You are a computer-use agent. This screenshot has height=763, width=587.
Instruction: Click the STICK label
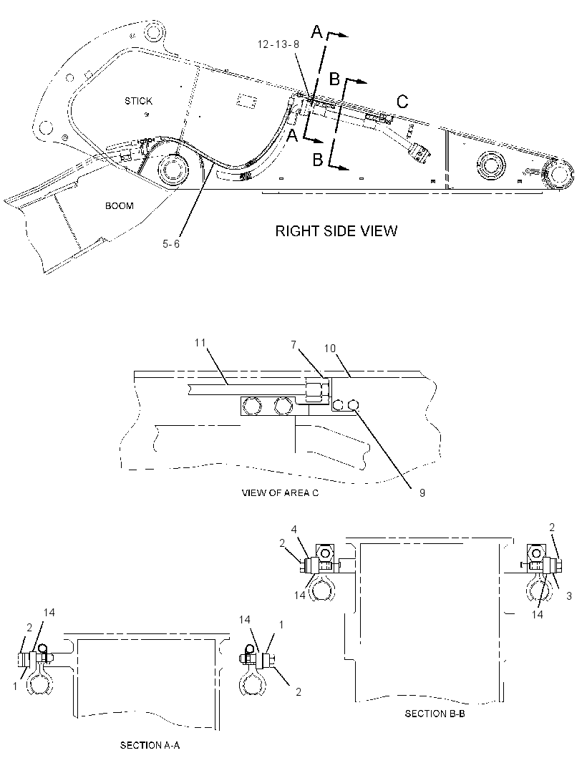pyautogui.click(x=138, y=101)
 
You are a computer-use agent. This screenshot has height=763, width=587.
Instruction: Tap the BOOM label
pyautogui.click(x=120, y=206)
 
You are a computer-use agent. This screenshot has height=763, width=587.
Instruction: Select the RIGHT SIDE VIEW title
pyautogui.click(x=336, y=230)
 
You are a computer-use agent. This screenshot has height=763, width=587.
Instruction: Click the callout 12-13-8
pyautogui.click(x=278, y=44)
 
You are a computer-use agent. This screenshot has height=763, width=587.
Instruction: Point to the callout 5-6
pyautogui.click(x=171, y=243)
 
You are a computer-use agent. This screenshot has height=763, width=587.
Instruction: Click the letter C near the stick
pyautogui.click(x=402, y=101)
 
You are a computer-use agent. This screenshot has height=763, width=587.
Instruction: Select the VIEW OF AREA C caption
pyautogui.click(x=280, y=493)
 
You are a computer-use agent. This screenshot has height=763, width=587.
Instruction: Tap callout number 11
pyautogui.click(x=200, y=343)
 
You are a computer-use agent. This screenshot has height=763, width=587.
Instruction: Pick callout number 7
pyautogui.click(x=293, y=345)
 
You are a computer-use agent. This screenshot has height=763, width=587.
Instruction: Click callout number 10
pyautogui.click(x=330, y=349)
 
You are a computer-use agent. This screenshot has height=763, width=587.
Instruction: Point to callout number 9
pyautogui.click(x=422, y=493)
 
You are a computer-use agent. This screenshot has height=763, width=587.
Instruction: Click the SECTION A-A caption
pyautogui.click(x=150, y=745)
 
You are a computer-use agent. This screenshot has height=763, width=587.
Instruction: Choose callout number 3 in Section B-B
pyautogui.click(x=568, y=596)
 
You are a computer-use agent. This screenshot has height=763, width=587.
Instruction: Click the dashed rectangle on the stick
pyautogui.click(x=247, y=101)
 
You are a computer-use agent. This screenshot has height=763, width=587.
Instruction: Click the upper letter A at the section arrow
pyautogui.click(x=317, y=32)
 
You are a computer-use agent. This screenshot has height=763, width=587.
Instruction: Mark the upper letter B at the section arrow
pyautogui.click(x=334, y=78)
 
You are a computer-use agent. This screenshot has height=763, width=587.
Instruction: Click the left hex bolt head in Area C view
pyautogui.click(x=251, y=406)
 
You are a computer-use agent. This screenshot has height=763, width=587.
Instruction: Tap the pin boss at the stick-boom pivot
pyautogui.click(x=173, y=170)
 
